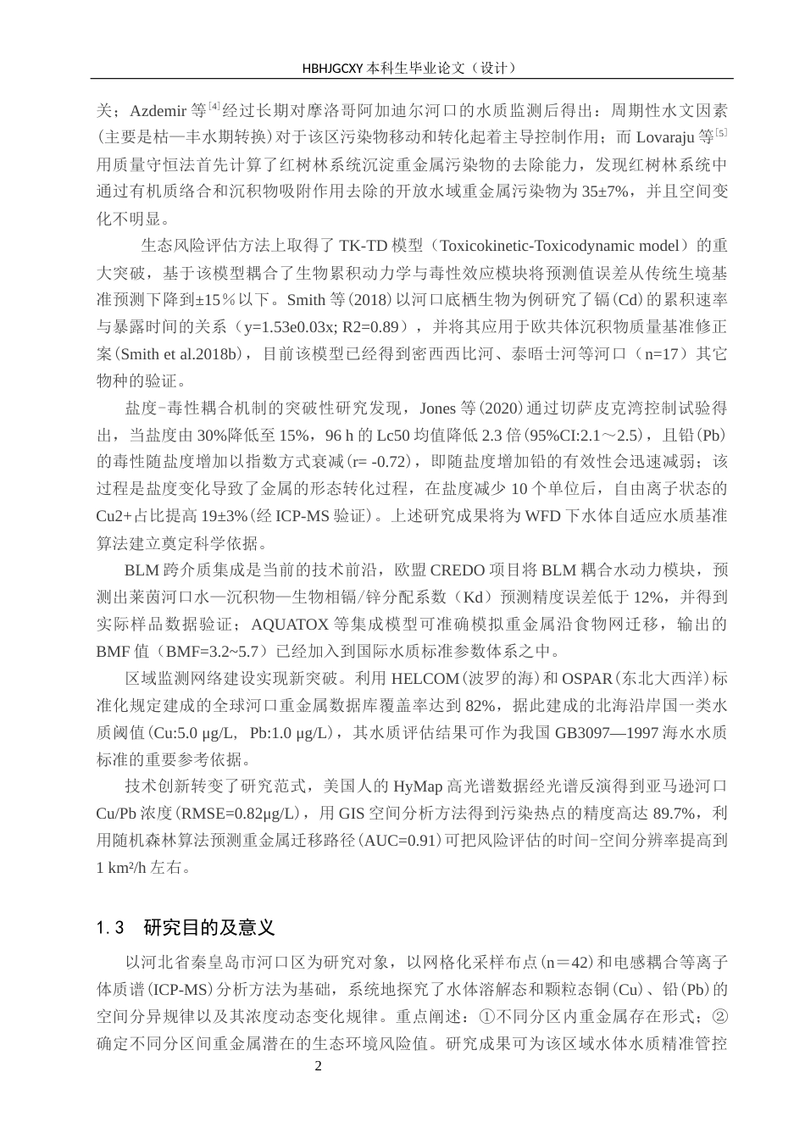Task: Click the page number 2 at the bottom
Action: coord(319,1065)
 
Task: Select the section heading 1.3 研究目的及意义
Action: coord(186,926)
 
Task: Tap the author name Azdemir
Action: coord(158,110)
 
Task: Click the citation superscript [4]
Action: coord(214,106)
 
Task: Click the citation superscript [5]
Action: coord(721,132)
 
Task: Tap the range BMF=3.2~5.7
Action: coord(222,652)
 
